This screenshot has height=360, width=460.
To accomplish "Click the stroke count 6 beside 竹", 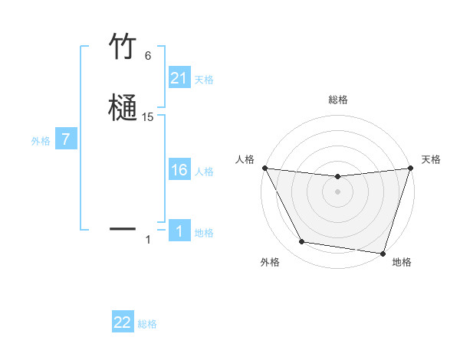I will pyautogui.click(x=148, y=56).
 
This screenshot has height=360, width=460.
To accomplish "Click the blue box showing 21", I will pyautogui.click(x=179, y=78).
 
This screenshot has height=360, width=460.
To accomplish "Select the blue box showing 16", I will pyautogui.click(x=179, y=170).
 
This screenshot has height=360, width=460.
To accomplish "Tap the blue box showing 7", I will pyautogui.click(x=66, y=140).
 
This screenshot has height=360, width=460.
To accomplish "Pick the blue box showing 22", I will pyautogui.click(x=123, y=322).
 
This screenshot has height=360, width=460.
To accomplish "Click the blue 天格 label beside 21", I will pyautogui.click(x=204, y=79).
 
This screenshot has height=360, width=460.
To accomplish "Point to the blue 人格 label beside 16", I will pyautogui.click(x=204, y=171).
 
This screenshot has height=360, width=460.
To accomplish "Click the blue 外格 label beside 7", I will pyautogui.click(x=40, y=141).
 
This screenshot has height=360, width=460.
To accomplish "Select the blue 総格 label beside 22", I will pyautogui.click(x=147, y=324).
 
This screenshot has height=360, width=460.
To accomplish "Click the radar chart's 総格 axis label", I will pyautogui.click(x=337, y=100).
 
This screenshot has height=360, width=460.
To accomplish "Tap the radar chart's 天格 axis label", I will pyautogui.click(x=431, y=159).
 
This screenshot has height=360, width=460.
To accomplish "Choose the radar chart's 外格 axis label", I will pyautogui.click(x=270, y=262).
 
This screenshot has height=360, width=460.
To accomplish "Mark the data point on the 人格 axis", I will pyautogui.click(x=264, y=168).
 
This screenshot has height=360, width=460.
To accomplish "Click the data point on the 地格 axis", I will pyautogui.click(x=383, y=253).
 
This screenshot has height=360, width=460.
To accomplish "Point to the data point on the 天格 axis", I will pyautogui.click(x=410, y=169).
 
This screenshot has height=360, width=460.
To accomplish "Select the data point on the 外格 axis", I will pyautogui.click(x=302, y=242).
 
